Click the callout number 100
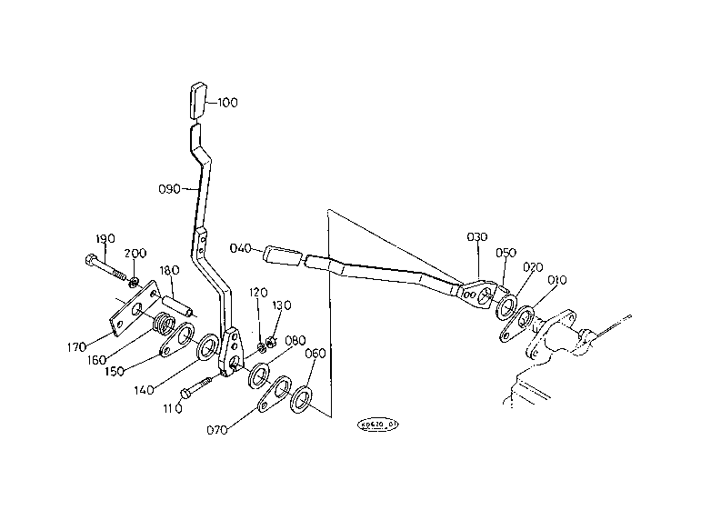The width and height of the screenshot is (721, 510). click(x=227, y=104)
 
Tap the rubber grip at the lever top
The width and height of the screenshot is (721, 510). click(x=199, y=100)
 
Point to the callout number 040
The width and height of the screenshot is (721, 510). click(x=241, y=248)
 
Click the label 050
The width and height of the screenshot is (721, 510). click(x=506, y=254)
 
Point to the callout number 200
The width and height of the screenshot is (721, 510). click(x=135, y=253)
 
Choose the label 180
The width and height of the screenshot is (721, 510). click(x=170, y=271)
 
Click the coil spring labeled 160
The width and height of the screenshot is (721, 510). click(x=165, y=323)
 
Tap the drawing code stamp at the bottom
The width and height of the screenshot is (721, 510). click(x=379, y=424)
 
